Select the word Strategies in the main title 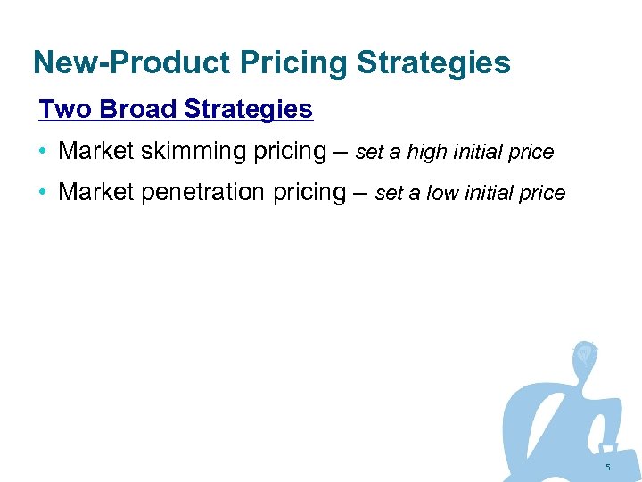point(433,63)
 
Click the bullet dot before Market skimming point(44,152)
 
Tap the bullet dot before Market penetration point(44,193)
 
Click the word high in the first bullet point(426,153)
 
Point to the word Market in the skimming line point(95,152)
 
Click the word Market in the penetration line point(95,193)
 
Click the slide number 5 point(607,468)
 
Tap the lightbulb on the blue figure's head point(585,353)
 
